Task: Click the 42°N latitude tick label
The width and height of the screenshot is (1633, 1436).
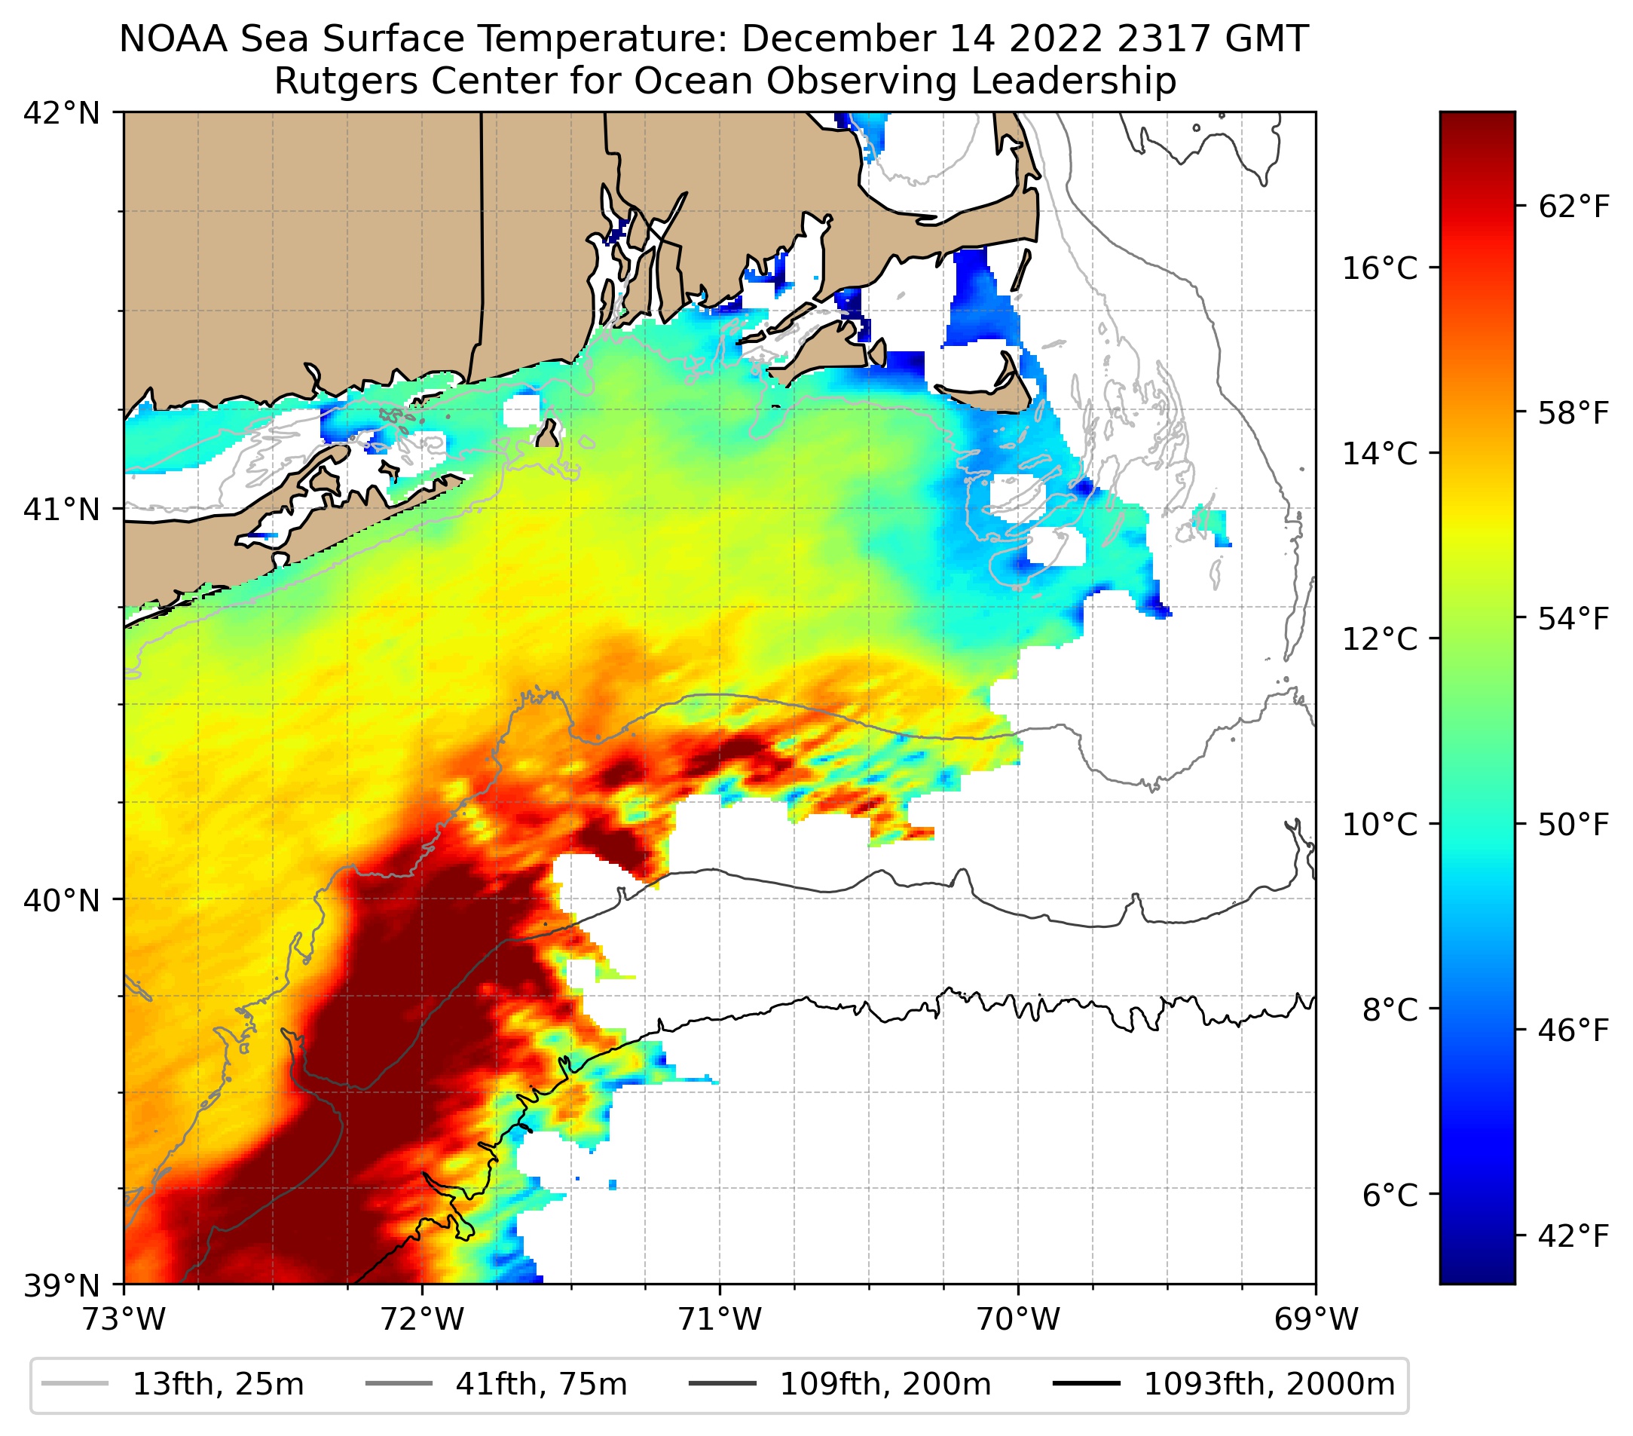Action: (x=62, y=114)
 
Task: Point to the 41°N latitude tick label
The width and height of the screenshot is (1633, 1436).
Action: (x=62, y=509)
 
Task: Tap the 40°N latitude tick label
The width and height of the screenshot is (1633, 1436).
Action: (x=62, y=901)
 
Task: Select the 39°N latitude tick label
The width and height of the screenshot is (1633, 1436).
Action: (x=62, y=1285)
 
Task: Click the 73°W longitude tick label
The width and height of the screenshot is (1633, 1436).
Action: (x=124, y=1319)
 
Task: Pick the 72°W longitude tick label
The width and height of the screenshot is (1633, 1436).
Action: (x=423, y=1319)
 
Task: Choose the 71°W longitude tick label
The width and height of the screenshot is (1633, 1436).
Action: (x=720, y=1319)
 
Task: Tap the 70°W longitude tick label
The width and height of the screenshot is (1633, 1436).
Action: (x=1019, y=1319)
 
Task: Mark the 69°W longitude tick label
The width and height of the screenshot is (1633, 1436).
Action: (x=1316, y=1319)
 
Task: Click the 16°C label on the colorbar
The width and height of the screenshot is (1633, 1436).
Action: (x=1380, y=268)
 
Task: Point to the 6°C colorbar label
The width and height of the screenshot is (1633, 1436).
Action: (x=1390, y=1196)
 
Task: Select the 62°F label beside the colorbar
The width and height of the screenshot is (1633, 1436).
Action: (x=1573, y=208)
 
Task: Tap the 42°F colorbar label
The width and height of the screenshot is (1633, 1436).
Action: (x=1573, y=1237)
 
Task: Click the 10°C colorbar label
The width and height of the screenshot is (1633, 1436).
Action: (x=1380, y=824)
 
